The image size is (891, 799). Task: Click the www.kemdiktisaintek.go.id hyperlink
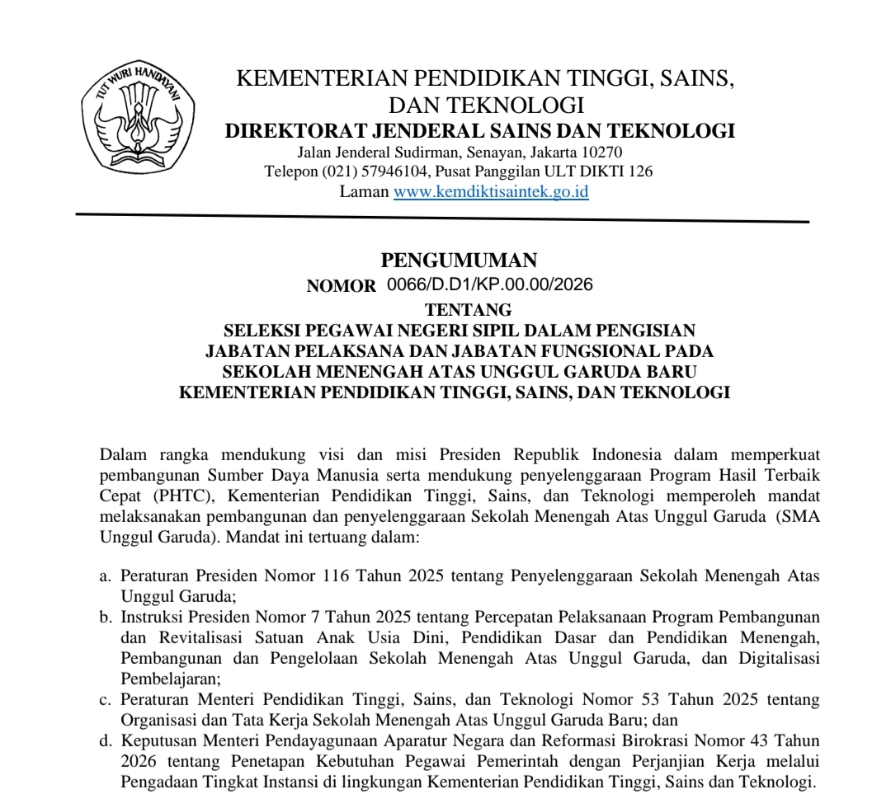pyautogui.click(x=491, y=192)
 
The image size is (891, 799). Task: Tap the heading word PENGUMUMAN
pyautogui.click(x=459, y=261)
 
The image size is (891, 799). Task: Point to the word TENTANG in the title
pyautogui.click(x=468, y=310)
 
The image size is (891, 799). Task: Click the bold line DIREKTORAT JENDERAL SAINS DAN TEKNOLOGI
pyautogui.click(x=480, y=131)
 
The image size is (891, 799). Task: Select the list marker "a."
pyautogui.click(x=105, y=576)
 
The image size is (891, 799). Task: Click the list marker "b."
pyautogui.click(x=105, y=617)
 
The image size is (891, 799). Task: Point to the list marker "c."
pyautogui.click(x=105, y=700)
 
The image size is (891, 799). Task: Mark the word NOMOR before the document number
pyautogui.click(x=341, y=286)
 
